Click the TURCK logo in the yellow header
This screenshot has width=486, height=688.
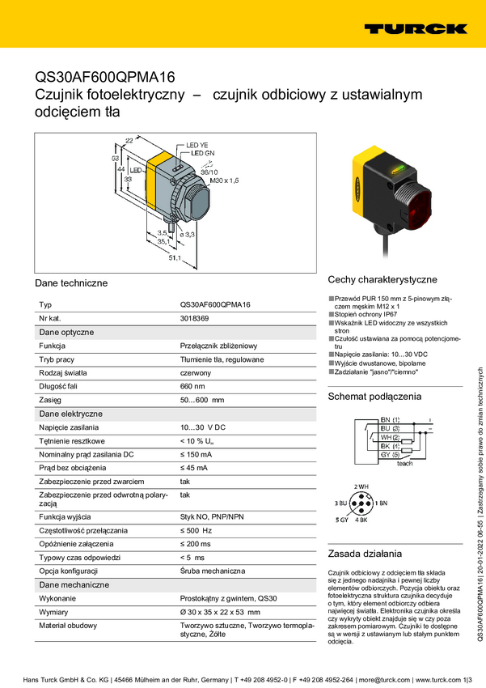(x=415, y=28)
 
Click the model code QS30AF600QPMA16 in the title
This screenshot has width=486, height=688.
(x=105, y=78)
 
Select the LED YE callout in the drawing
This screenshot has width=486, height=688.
(x=198, y=145)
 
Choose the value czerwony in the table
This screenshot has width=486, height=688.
(x=196, y=372)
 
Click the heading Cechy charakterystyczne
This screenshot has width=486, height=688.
(x=382, y=279)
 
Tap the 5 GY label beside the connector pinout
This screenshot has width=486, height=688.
(x=342, y=518)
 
